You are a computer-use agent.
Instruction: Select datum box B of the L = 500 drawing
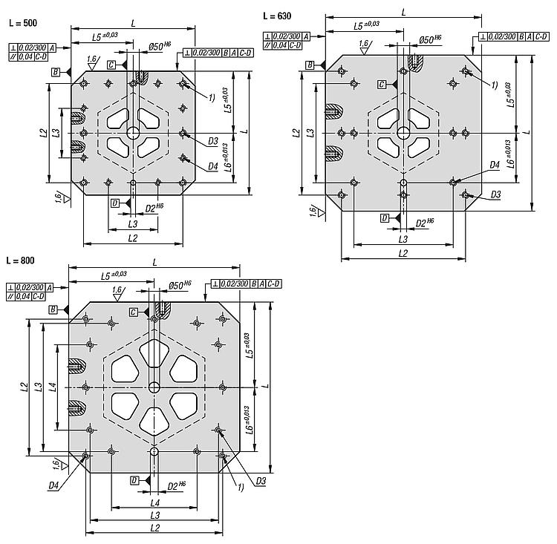pos(56,72)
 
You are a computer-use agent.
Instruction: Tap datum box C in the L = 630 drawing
pos(382,85)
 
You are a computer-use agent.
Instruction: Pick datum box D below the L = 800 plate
pos(134,481)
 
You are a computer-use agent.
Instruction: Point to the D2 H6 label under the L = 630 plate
pos(426,223)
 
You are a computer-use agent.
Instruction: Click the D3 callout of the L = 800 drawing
pos(261,481)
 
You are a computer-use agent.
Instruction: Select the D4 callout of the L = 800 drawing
pos(53,485)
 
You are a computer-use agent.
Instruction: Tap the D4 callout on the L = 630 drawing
pos(495,165)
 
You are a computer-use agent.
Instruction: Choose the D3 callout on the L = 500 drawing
pos(212,141)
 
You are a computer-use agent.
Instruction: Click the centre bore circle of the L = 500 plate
pos(134,133)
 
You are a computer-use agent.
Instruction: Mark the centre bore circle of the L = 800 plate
pos(154,387)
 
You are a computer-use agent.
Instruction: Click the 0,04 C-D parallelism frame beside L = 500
pos(30,56)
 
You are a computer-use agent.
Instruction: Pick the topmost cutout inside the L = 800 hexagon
pos(154,353)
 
